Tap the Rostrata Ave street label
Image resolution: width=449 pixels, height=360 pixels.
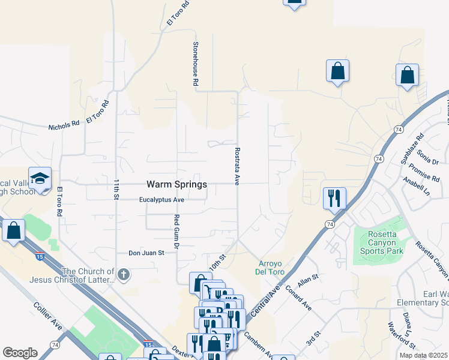(x=237, y=166)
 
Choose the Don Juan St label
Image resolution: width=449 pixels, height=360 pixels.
(x=148, y=253)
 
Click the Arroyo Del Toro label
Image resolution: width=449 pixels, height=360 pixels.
(x=274, y=267)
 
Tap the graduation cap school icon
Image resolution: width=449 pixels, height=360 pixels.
(x=40, y=179)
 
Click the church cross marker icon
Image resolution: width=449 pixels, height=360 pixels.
(x=123, y=275)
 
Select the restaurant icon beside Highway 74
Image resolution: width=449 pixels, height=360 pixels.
(x=334, y=197)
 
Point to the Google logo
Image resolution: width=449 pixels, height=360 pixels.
(x=20, y=353)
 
